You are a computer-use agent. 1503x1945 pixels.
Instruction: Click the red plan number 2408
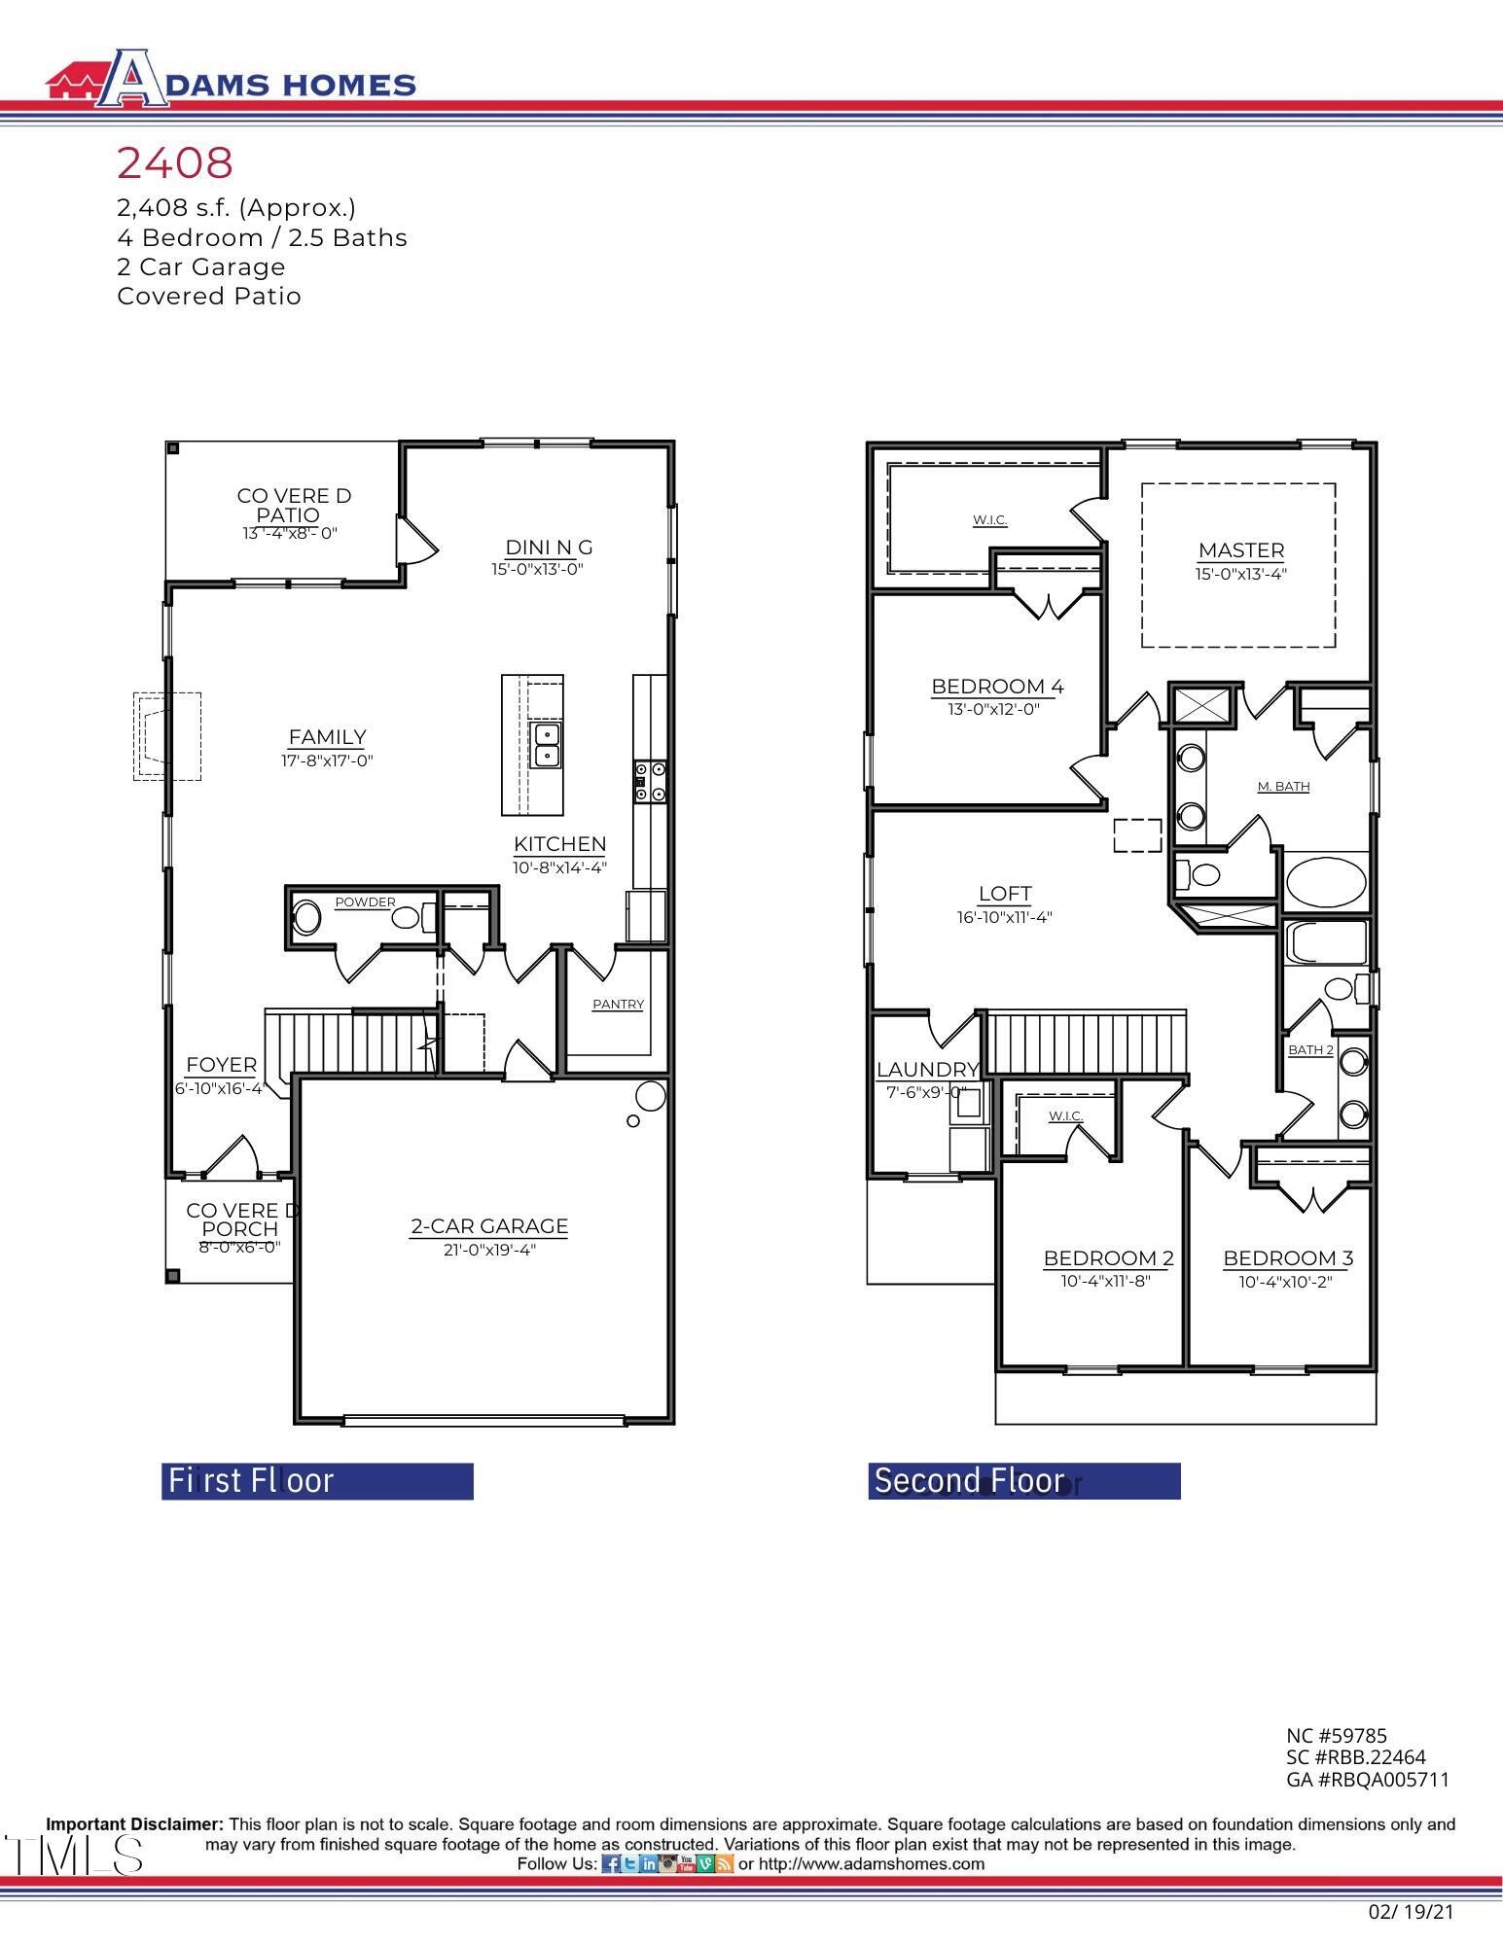pyautogui.click(x=175, y=163)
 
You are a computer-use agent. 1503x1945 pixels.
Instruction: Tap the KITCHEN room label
pyautogui.click(x=559, y=844)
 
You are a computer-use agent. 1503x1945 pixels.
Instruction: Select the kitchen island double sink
pyautogui.click(x=546, y=745)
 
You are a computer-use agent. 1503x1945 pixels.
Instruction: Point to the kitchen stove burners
pyautogui.click(x=650, y=782)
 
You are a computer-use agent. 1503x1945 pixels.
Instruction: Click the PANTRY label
pyautogui.click(x=618, y=1005)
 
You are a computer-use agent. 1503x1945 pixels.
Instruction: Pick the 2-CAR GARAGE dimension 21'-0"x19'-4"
pyautogui.click(x=489, y=1250)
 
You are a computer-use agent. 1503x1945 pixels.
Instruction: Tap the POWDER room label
pyautogui.click(x=365, y=902)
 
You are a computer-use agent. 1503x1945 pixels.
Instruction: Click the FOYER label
pyautogui.click(x=221, y=1065)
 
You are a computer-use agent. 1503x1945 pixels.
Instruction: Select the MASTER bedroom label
pyautogui.click(x=1240, y=550)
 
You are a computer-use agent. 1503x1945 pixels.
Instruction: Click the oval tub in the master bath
pyautogui.click(x=1325, y=880)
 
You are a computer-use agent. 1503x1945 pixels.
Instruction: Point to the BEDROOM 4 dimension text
pyautogui.click(x=993, y=709)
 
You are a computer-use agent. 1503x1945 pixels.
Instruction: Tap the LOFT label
pyautogui.click(x=1005, y=894)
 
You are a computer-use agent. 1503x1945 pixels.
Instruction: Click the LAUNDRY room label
pyautogui.click(x=927, y=1070)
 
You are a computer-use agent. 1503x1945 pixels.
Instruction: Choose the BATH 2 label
pyautogui.click(x=1310, y=1049)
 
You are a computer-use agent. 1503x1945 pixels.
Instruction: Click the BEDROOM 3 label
pyautogui.click(x=1287, y=1258)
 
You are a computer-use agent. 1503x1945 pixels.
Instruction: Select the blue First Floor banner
pyautogui.click(x=317, y=1480)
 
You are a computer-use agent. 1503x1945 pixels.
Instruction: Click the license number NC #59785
pyautogui.click(x=1336, y=1735)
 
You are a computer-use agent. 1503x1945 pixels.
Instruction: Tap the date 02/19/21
pyautogui.click(x=1410, y=1911)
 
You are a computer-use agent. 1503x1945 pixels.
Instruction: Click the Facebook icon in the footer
pyautogui.click(x=610, y=1864)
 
